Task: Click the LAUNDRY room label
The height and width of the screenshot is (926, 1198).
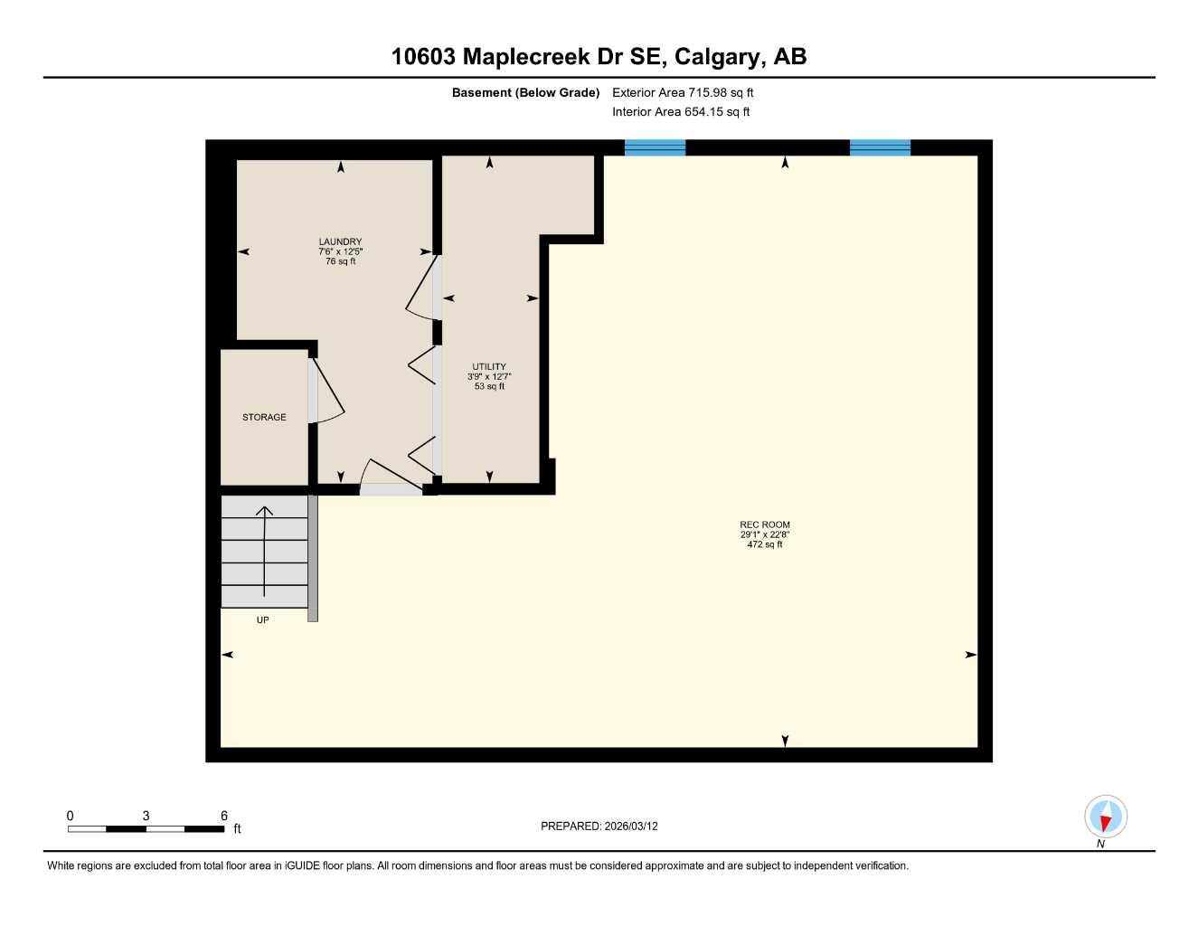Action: tap(340, 241)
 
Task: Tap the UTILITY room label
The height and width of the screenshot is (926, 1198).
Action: tap(489, 366)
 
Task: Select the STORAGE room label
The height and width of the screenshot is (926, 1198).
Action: tap(264, 417)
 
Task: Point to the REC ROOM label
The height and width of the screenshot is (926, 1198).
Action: tap(764, 524)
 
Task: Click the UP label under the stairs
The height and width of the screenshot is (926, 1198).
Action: tap(262, 619)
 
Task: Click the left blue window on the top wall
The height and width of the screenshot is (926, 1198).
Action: tap(655, 147)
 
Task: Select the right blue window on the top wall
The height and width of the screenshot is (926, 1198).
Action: tap(880, 147)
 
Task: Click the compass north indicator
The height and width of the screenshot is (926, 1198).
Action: tap(1105, 817)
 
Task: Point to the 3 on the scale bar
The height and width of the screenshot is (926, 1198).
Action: tap(146, 816)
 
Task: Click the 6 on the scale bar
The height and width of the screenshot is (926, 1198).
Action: tap(224, 816)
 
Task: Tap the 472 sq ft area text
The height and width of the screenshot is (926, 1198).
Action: tap(764, 544)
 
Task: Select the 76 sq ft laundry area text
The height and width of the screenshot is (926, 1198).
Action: tap(340, 261)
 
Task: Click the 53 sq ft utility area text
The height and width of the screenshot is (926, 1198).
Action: tap(489, 386)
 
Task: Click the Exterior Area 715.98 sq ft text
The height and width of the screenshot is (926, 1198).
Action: tap(683, 92)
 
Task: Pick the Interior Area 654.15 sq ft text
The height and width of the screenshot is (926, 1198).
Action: tap(681, 112)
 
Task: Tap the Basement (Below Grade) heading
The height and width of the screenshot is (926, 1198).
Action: tap(525, 92)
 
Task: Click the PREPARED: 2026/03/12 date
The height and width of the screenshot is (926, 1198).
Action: tap(599, 826)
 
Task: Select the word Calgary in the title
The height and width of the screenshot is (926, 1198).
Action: tap(716, 56)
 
